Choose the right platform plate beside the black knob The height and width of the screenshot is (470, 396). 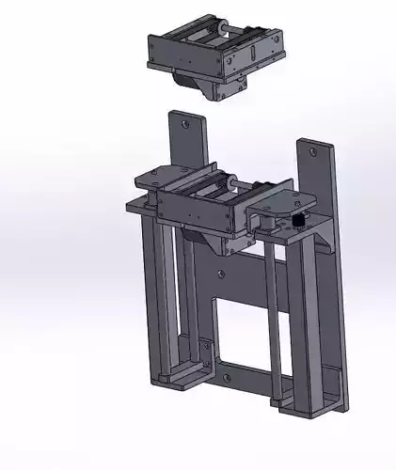coord(282,199)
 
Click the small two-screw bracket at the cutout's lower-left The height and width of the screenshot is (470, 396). coord(205,350)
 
